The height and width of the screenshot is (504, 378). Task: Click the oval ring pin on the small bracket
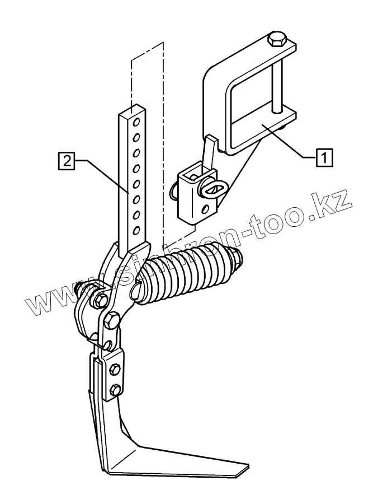(x=212, y=189)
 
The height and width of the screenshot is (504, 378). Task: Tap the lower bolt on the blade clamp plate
(x=115, y=389)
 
